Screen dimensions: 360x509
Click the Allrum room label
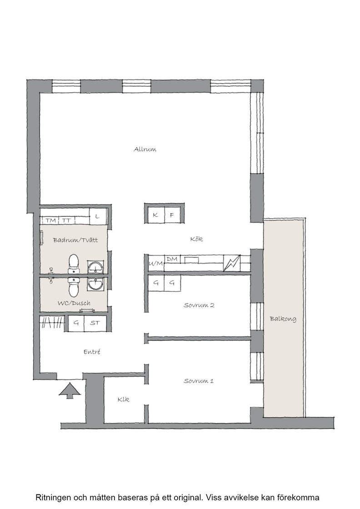145,150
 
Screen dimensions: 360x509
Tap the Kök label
196,239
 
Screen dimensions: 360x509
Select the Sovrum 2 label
199,305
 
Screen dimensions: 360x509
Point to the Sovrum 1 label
199,381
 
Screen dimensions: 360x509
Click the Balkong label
283,319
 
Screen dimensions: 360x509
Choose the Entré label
92,352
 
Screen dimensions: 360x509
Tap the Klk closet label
123,399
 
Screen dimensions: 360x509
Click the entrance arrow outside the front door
70,390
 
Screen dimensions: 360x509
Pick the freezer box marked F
173,215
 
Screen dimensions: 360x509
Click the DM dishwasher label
172,259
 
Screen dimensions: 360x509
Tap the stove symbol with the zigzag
232,263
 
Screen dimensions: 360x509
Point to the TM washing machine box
50,220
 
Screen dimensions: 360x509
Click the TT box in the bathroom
67,220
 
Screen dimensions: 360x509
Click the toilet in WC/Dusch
73,287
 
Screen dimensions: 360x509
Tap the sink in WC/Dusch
96,284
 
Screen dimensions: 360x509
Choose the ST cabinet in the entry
95,323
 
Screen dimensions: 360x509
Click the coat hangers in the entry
53,323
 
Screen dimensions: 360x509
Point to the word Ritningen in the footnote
54,497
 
